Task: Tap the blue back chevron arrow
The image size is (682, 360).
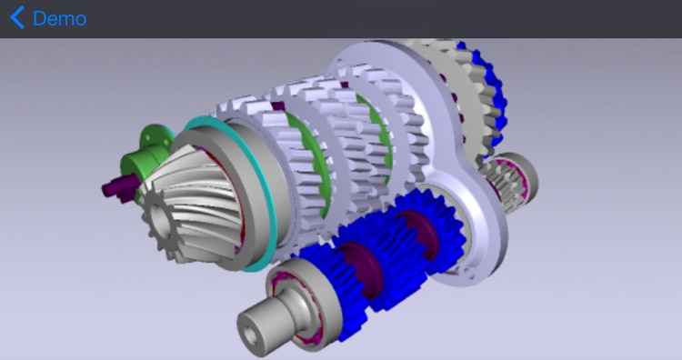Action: (17, 18)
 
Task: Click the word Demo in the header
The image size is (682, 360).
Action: (60, 19)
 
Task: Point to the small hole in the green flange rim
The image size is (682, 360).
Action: (147, 138)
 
